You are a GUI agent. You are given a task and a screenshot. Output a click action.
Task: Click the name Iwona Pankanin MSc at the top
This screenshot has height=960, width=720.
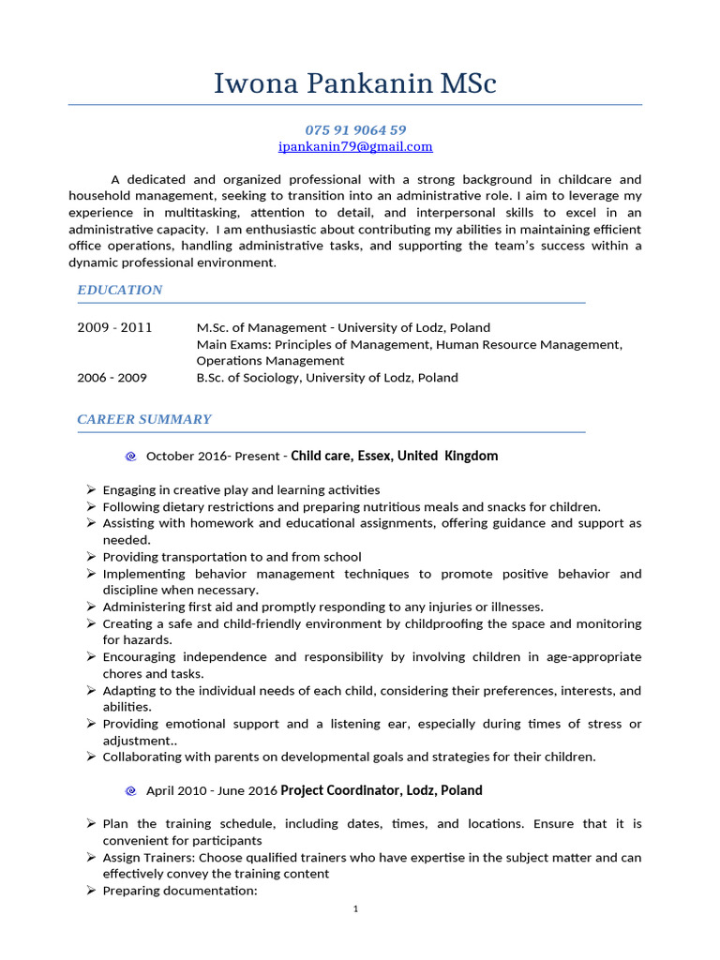tap(355, 83)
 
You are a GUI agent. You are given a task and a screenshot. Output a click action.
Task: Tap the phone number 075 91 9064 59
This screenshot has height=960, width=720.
tap(355, 129)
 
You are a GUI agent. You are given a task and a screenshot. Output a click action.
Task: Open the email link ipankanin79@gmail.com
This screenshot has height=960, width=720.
tap(355, 146)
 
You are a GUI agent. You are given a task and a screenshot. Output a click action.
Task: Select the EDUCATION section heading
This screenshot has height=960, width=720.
tap(120, 290)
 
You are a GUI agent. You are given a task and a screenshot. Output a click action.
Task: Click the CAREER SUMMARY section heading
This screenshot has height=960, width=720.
tap(144, 419)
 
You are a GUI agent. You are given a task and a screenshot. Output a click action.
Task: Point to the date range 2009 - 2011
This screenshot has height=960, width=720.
tap(114, 327)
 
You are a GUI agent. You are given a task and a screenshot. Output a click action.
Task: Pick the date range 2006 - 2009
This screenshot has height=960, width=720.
tap(112, 378)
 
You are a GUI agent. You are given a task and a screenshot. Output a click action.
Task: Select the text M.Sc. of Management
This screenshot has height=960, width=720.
tap(262, 327)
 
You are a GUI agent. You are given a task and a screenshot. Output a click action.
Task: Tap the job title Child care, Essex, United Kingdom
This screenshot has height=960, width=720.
tap(395, 456)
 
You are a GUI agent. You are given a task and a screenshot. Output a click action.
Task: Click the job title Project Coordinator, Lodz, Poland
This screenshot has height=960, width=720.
tap(382, 790)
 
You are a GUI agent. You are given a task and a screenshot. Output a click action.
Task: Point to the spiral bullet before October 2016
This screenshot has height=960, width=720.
tap(130, 457)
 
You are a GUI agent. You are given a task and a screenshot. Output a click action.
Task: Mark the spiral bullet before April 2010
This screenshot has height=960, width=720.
tap(130, 791)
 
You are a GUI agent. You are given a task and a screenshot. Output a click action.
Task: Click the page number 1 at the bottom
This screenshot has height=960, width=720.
tap(356, 908)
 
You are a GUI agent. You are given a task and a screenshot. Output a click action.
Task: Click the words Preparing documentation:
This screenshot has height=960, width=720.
tap(180, 891)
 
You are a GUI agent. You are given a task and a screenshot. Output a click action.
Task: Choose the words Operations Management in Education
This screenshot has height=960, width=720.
tap(270, 360)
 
